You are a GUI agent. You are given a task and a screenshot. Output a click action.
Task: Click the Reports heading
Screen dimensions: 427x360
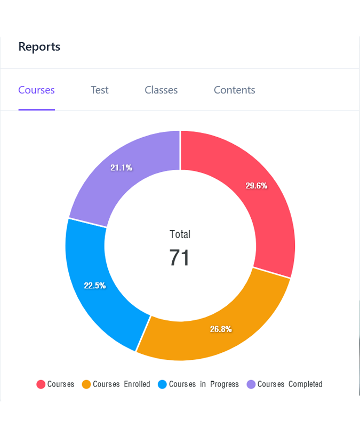pos(39,46)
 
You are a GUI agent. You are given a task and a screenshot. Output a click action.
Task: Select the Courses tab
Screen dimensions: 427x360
pos(36,90)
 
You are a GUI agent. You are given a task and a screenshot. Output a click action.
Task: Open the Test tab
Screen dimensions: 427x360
pos(99,90)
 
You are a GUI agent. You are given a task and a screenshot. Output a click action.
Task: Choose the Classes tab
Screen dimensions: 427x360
pos(161,90)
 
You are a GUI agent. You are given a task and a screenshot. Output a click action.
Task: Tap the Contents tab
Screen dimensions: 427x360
pos(234,90)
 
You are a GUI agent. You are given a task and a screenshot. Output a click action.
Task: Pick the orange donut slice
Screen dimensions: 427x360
pos(213,336)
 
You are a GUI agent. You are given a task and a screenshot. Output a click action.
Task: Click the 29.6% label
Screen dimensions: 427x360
pos(256,186)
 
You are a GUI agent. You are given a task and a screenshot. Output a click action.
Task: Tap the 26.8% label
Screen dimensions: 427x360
pos(221,329)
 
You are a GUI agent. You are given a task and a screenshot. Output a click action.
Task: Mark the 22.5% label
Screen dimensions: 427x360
pos(95,286)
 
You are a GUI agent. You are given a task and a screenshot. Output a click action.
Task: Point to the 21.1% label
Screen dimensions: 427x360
pos(121,168)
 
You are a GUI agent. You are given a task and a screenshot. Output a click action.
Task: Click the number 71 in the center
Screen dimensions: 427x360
pos(180,258)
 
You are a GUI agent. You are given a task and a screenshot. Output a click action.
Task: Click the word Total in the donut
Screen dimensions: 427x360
pos(180,234)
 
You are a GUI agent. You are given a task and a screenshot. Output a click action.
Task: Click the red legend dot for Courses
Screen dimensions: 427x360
pos(41,384)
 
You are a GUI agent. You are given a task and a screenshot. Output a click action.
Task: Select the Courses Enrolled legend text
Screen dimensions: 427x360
pos(121,384)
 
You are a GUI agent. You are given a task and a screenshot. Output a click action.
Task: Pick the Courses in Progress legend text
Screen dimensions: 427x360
pos(204,384)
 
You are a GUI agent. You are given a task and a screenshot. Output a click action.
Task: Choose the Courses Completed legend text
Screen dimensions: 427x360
pos(290,384)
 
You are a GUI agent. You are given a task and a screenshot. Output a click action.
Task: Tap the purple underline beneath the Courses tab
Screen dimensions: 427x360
pos(36,109)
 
